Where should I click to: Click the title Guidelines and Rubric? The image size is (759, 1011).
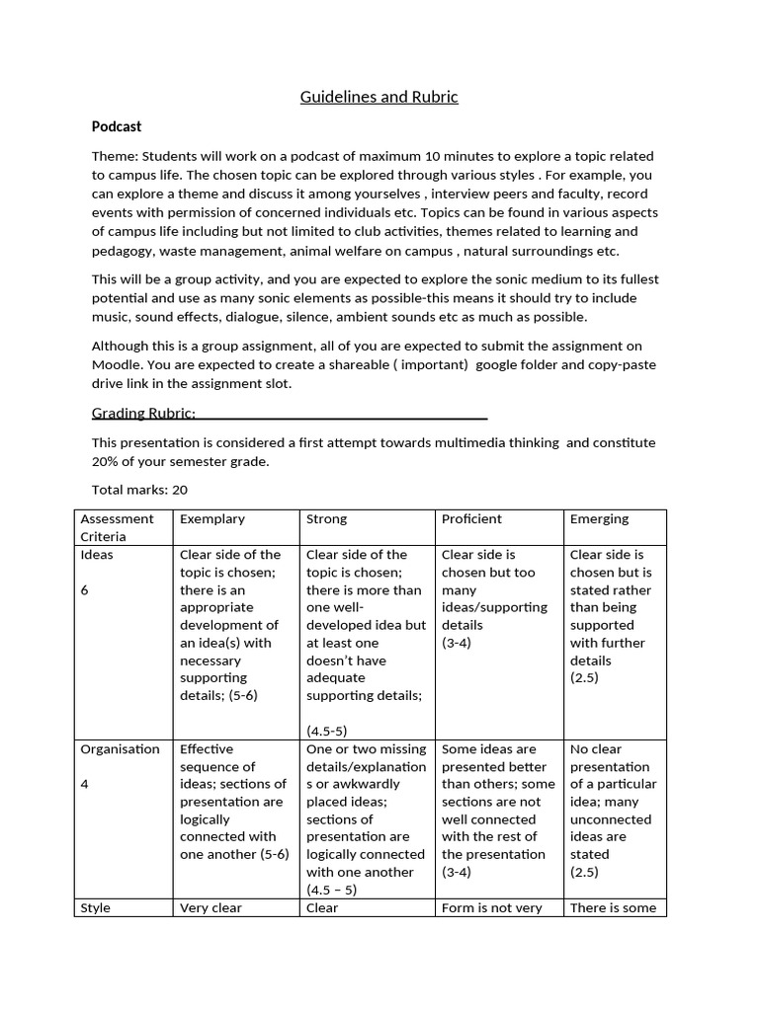click(x=379, y=97)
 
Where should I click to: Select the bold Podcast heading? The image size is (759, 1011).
click(x=117, y=126)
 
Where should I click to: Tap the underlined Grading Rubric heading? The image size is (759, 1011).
click(x=143, y=412)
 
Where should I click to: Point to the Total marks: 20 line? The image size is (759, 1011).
click(x=139, y=489)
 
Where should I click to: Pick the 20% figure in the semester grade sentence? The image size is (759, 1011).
click(x=105, y=461)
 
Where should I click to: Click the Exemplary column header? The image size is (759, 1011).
click(x=211, y=518)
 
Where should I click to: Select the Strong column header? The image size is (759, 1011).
click(x=326, y=518)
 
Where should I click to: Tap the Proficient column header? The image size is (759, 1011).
click(x=471, y=518)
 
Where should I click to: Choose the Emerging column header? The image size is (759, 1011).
click(x=599, y=518)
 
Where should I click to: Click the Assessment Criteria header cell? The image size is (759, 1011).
click(x=117, y=527)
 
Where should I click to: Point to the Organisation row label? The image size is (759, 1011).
click(x=120, y=749)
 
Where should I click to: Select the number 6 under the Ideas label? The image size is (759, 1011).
click(x=84, y=589)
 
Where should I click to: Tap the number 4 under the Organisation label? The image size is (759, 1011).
click(x=84, y=784)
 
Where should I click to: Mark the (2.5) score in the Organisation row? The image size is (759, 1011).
click(x=584, y=872)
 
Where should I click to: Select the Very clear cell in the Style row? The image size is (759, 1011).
click(x=211, y=907)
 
